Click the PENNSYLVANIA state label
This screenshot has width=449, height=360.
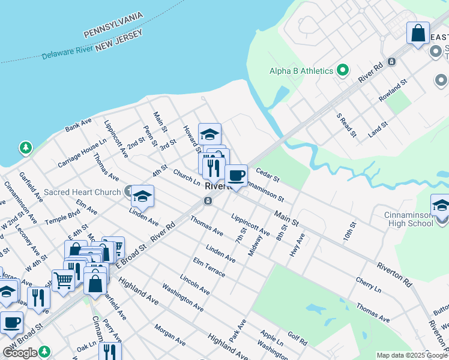point(113,24)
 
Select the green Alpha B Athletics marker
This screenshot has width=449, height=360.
point(343,71)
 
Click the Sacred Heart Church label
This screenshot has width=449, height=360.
point(83,193)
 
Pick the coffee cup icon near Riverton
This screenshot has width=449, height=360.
point(236,175)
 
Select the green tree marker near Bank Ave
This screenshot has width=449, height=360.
point(25,148)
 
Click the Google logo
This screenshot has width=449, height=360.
point(20,353)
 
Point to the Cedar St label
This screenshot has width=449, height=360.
point(268,175)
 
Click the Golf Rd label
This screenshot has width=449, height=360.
point(298,338)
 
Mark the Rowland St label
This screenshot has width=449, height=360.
point(393,89)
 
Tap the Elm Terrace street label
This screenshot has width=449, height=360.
point(209,268)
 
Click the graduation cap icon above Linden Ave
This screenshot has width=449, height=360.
point(142,196)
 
